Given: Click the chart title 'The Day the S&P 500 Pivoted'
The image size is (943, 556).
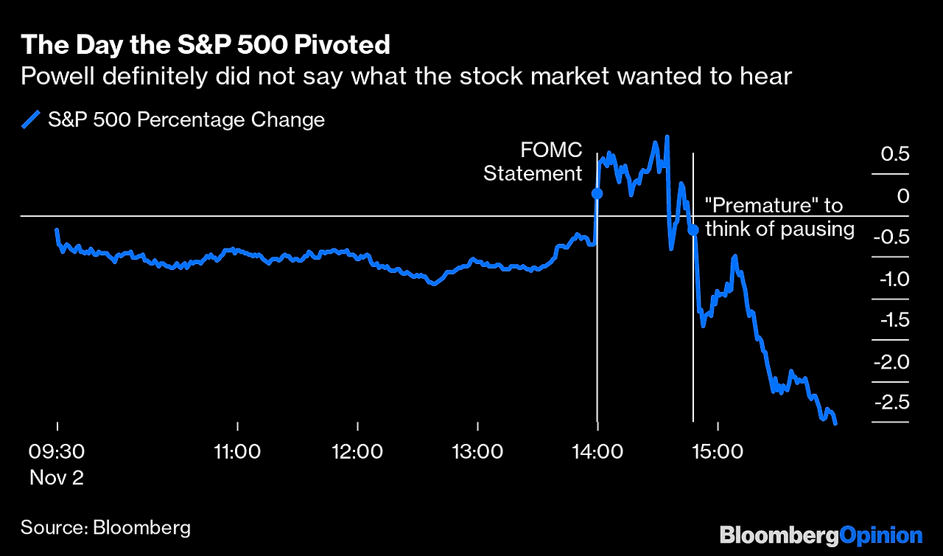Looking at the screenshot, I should (x=205, y=45).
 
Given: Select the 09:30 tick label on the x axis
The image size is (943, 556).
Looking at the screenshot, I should (x=57, y=451).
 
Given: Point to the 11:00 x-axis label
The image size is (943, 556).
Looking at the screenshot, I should (x=237, y=451).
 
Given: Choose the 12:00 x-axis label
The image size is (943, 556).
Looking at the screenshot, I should (x=357, y=451).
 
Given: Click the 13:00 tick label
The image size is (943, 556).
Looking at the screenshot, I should (x=477, y=451).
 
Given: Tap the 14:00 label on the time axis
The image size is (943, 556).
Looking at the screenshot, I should (x=597, y=451).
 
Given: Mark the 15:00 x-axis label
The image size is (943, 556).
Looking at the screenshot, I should (x=718, y=451).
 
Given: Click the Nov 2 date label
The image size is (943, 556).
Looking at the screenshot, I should (x=57, y=477).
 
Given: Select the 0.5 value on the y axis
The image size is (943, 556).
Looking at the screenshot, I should (x=896, y=155).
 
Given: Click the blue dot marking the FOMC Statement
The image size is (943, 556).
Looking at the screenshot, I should (x=597, y=194).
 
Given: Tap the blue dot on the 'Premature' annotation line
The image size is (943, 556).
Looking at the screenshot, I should (x=693, y=230).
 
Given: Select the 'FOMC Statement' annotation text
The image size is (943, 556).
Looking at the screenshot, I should (x=533, y=162).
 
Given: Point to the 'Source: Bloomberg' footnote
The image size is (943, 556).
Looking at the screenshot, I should (x=105, y=527).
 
